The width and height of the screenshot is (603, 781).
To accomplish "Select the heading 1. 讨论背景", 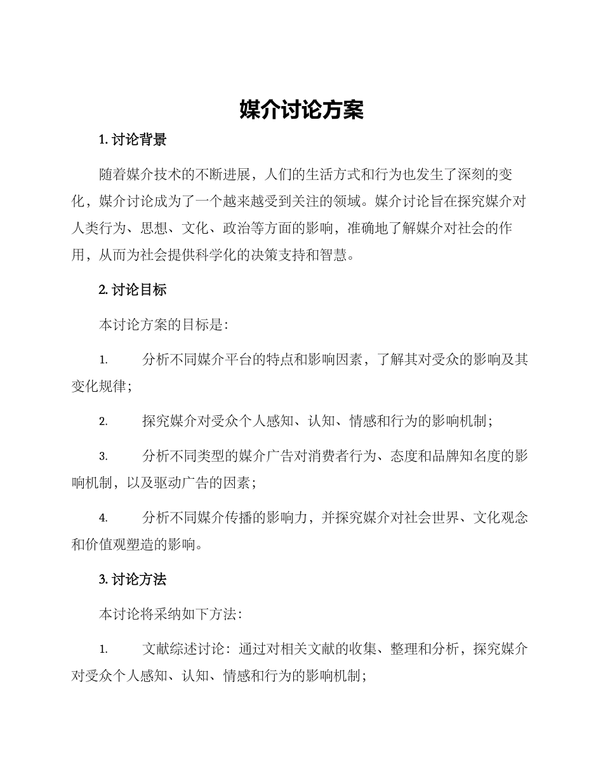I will (x=133, y=140).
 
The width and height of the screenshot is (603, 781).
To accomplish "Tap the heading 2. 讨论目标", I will (x=133, y=290).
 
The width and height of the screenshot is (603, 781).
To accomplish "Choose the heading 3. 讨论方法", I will (x=133, y=579).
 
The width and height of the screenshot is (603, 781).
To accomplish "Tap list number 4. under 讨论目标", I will (x=103, y=518).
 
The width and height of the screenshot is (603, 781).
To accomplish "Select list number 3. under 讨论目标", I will (x=103, y=456).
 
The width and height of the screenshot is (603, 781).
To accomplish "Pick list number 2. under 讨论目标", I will (x=103, y=421).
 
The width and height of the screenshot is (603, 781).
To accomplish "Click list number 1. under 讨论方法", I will (x=103, y=650).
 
